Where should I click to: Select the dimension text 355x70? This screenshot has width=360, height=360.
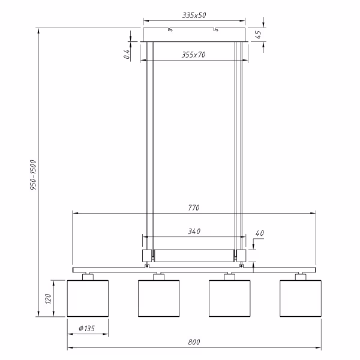pos(193,55)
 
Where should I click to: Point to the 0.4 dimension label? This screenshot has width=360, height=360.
pos(127,53)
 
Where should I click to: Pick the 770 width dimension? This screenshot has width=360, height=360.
pos(193,208)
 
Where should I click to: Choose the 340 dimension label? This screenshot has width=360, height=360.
pos(193,231)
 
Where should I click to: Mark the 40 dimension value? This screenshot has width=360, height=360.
pos(259,233)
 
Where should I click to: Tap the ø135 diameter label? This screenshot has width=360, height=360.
pos(88,328)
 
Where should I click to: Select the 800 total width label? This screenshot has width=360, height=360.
pos(193,342)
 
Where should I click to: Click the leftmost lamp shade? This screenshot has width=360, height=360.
pos(88,298)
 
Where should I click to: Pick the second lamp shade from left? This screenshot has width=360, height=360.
pos(158,298)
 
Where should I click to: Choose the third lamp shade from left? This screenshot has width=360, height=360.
pos(229,298)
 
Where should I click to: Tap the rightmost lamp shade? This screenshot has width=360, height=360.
pos(300,298)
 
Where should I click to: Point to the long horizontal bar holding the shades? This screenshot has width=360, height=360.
pos(193,269)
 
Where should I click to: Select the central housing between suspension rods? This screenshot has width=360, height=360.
pos(193,256)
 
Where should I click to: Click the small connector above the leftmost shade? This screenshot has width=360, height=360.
pos(88,276)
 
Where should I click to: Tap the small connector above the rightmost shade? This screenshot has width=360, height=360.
pos(300,276)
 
